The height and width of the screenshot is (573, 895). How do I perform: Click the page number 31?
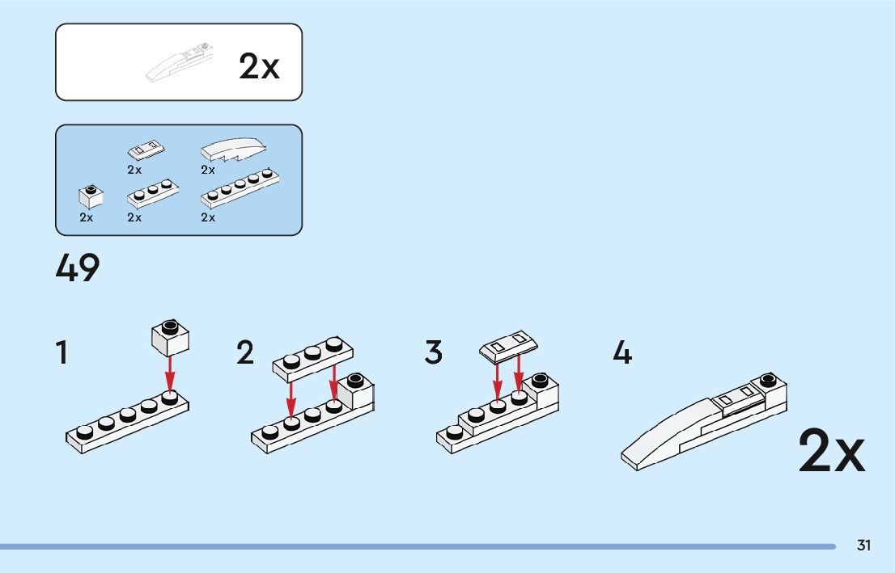pos(863,546)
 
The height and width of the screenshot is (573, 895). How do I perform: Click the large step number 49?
pos(78,268)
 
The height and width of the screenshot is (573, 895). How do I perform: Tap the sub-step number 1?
pos(62,353)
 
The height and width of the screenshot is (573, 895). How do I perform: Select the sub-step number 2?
pos(245,353)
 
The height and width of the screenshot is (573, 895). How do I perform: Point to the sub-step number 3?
pos(434,353)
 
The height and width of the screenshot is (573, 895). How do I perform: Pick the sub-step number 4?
pos(622,353)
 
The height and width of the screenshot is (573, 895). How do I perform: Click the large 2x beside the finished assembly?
pos(831,452)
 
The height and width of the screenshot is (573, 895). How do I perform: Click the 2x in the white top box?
pos(259,67)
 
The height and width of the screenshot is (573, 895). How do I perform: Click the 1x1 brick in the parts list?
pos(91,196)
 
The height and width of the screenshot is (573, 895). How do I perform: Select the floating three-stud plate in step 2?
pos(313,356)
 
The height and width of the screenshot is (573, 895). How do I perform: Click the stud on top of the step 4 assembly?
pos(768,379)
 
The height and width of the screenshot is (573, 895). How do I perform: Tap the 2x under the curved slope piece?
pos(208,171)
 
